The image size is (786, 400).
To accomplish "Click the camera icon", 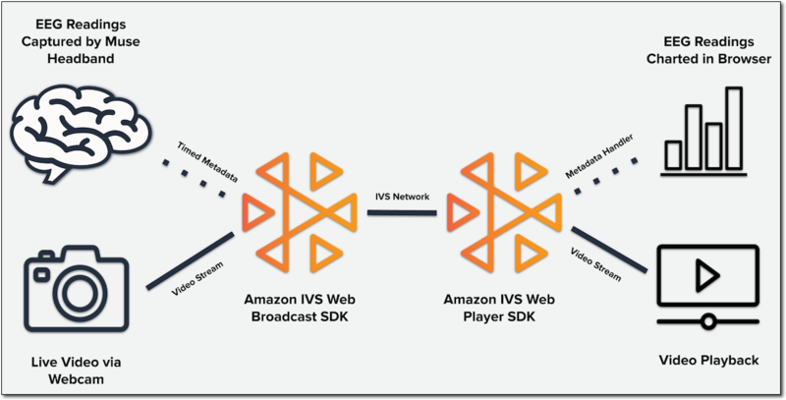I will pos(76,280).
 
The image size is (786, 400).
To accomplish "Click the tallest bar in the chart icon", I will pos(733,129).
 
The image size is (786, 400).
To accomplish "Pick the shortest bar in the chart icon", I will pos(674,155).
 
